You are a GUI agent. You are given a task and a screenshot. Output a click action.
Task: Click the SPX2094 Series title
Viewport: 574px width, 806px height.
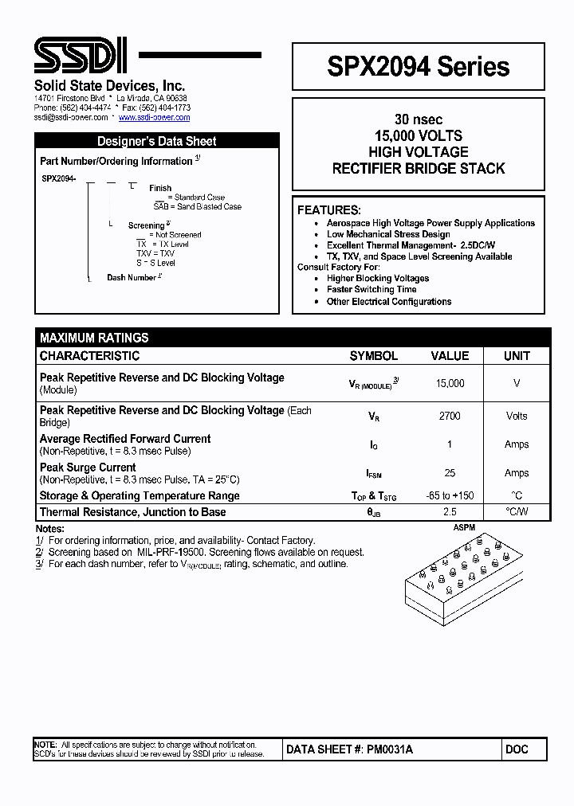coord(418,67)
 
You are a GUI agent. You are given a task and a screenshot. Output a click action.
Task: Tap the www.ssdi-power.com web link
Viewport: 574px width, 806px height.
coord(154,117)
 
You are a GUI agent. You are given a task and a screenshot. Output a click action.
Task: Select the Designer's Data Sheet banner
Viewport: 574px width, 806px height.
coord(157,141)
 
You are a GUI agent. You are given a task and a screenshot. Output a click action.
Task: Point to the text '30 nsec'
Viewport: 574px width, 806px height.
coord(418,119)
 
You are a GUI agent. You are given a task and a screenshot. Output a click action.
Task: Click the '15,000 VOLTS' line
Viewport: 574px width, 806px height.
coord(418,135)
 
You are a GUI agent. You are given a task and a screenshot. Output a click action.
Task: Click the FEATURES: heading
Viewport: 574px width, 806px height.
coord(328,210)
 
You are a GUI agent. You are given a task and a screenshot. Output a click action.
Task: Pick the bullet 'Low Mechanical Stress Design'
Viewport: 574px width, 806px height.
coord(388,234)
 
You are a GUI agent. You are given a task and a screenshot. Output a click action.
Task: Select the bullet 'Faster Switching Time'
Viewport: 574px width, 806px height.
coord(372,290)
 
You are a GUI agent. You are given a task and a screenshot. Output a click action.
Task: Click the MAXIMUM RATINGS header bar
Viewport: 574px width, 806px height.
coord(94,338)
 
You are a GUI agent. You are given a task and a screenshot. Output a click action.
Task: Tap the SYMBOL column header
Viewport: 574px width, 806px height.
coord(373,356)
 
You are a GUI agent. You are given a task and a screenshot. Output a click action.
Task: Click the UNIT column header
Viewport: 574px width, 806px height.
coord(517,356)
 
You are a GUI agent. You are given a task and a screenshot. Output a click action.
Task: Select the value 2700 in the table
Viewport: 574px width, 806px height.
coord(450,416)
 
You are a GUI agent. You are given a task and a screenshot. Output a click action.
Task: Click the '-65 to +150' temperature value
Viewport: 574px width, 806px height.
coord(450,495)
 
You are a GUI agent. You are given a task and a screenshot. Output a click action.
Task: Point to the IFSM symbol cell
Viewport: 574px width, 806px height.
coord(373,473)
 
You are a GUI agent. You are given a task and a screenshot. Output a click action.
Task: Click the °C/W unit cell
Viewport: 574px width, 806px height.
coord(517,511)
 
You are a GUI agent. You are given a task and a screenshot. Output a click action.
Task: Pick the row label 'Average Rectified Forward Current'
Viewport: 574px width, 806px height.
coord(125,439)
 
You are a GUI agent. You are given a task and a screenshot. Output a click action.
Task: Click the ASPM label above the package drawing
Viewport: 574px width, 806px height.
coord(464,528)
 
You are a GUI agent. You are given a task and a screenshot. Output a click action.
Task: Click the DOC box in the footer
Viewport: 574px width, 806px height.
coord(517,749)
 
